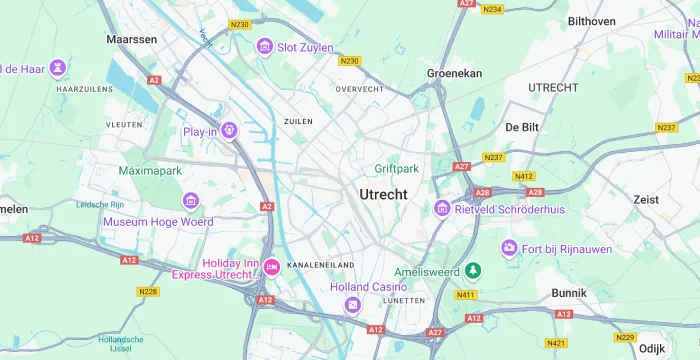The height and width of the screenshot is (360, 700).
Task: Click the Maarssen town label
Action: point(132,39)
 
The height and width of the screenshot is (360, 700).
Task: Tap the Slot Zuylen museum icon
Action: point(264,46)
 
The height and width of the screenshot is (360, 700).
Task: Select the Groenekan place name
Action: point(455,73)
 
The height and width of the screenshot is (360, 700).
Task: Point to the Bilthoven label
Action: point(591,21)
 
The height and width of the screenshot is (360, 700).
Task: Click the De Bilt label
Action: point(523,127)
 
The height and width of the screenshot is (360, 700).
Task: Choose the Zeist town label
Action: point(646,200)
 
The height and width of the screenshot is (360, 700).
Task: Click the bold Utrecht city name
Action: point(383,194)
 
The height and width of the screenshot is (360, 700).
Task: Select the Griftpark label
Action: point(397,169)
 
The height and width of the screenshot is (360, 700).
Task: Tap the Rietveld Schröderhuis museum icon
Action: point(442,208)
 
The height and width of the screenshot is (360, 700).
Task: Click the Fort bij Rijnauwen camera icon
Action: point(509,247)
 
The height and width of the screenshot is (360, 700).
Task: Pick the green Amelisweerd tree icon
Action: point(474,270)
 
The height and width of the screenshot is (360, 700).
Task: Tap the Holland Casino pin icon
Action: point(351,305)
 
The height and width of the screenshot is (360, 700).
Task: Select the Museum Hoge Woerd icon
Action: point(163,203)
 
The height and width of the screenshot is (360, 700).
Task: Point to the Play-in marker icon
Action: point(230,130)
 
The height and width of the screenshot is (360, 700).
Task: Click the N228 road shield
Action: point(148,291)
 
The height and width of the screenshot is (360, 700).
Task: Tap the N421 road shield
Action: point(556,343)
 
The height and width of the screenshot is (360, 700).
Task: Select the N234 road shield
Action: point(492,9)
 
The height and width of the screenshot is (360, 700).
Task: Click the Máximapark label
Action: point(150,171)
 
